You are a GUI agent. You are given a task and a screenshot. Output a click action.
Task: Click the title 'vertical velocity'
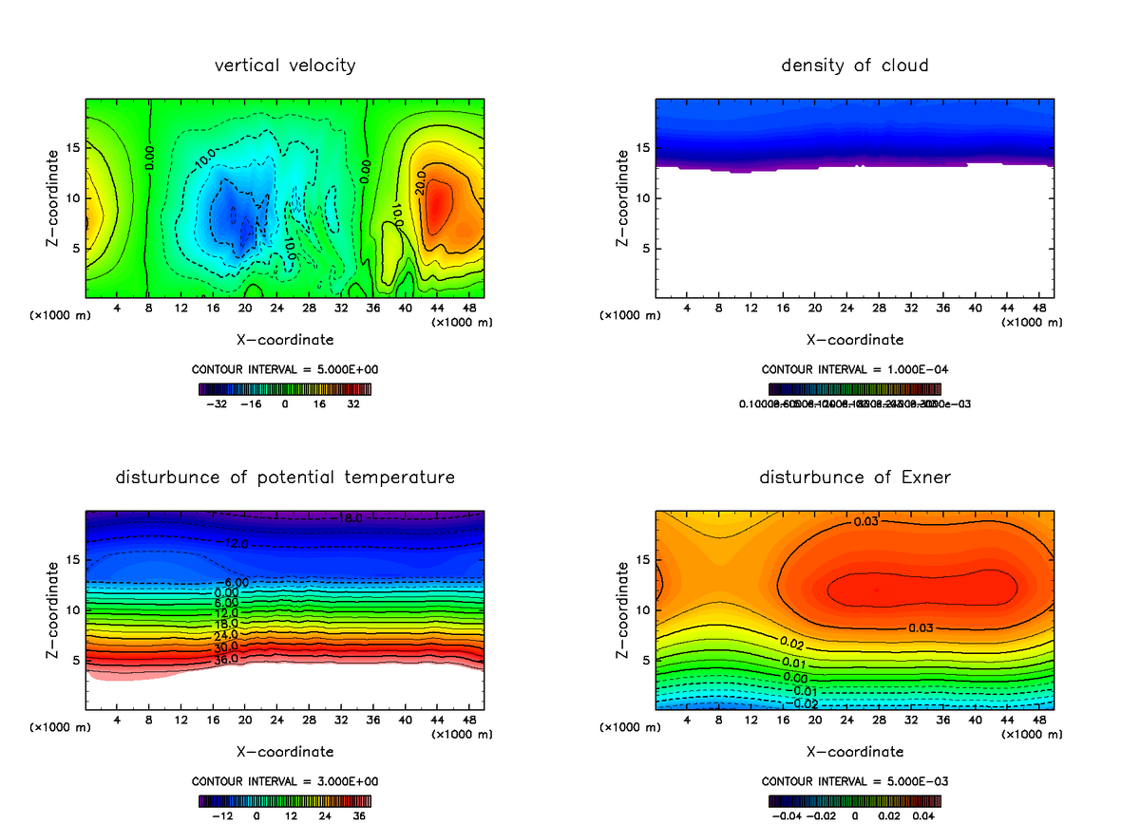(x=285, y=66)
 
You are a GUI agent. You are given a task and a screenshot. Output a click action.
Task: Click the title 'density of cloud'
(x=855, y=66)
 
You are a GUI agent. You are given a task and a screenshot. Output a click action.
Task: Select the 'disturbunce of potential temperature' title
(x=285, y=478)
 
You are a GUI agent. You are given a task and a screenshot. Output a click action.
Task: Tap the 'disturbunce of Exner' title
(x=855, y=478)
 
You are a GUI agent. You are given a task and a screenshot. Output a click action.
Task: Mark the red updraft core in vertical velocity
(x=438, y=204)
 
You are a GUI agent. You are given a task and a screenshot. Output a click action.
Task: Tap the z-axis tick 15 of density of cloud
(x=642, y=148)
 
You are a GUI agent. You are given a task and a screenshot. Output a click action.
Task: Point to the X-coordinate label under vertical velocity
(x=285, y=339)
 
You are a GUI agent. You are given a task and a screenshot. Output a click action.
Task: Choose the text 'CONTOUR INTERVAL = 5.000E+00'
(x=285, y=369)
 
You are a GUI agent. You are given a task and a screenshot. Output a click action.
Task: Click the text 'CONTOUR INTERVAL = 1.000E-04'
(x=855, y=369)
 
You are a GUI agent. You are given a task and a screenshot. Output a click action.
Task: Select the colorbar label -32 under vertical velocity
(x=220, y=403)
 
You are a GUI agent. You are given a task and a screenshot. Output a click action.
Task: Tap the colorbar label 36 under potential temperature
(x=359, y=815)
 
